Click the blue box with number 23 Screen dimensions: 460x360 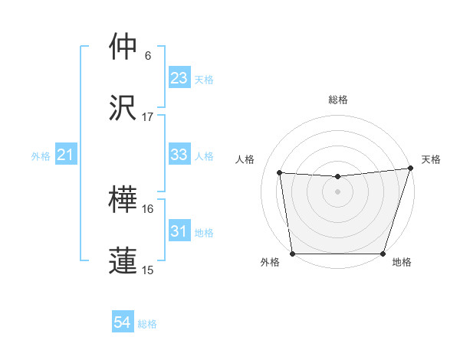coord(179,78)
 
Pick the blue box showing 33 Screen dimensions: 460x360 coord(179,155)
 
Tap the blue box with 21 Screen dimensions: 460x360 coord(65,155)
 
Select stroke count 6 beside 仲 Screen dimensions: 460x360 coord(148,56)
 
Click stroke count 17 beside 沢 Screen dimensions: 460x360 coord(148,116)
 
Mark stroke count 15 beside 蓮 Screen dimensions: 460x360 coord(148,270)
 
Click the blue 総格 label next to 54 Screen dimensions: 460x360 coord(147,324)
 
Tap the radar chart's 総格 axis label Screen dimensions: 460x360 coord(338,100)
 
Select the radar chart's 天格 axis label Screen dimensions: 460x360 coord(432,159)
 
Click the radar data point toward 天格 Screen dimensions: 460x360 coord(410,169)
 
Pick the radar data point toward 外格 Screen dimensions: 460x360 coord(293,254)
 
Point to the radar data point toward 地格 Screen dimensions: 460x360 coord(383,254)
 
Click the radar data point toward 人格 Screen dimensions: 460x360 coord(280,173)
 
